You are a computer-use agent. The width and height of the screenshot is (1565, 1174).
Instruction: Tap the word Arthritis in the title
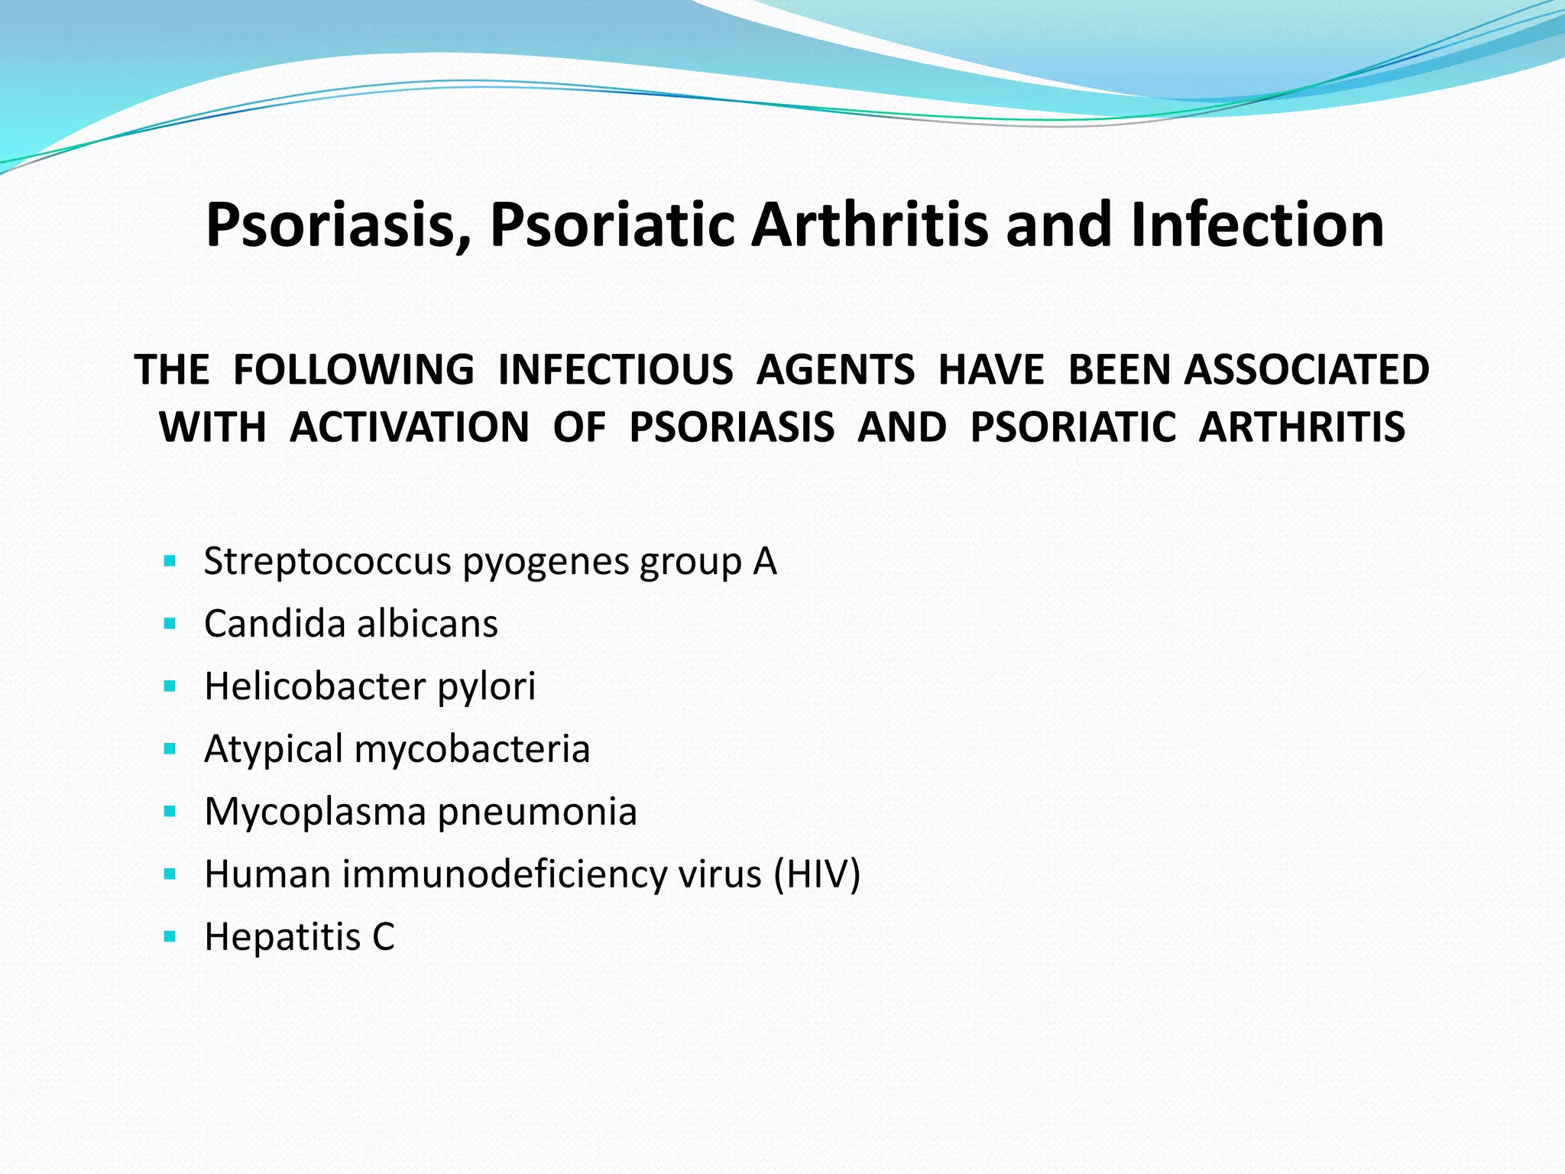click(869, 225)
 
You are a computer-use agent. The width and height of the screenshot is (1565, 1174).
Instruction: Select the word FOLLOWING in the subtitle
click(353, 370)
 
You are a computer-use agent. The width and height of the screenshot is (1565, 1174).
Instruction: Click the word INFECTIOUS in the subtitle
click(615, 370)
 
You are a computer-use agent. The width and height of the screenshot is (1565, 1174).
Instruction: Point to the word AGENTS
click(835, 370)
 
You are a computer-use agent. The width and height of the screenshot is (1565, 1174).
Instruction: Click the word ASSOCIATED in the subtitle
click(1306, 370)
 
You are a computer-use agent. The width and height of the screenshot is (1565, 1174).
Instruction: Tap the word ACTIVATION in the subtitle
click(410, 426)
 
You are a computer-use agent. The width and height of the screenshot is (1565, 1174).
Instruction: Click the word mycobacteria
click(471, 749)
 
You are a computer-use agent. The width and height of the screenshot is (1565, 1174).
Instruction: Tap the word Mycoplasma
click(315, 812)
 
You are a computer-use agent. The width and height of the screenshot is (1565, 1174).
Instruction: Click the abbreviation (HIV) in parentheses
click(817, 874)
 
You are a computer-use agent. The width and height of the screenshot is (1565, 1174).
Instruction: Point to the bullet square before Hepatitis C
click(170, 936)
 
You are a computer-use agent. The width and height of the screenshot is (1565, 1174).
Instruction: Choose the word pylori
click(486, 686)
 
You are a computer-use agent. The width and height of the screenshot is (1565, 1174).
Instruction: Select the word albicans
click(427, 624)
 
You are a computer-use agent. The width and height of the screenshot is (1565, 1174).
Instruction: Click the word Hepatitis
click(282, 936)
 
